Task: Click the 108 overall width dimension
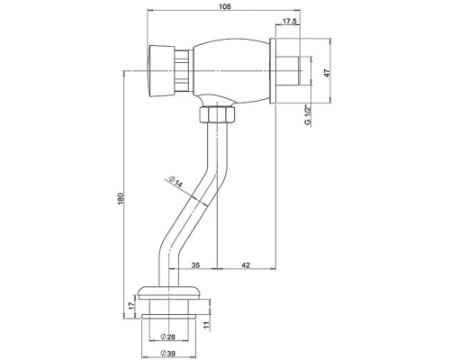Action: tap(225, 6)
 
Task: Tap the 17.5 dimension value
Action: tap(290, 21)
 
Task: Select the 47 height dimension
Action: tap(328, 73)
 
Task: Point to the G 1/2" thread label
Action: tap(307, 115)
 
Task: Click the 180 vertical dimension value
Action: tap(121, 199)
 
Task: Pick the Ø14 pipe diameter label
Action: tap(175, 182)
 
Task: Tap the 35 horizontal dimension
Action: tap(195, 265)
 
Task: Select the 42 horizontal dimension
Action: tap(246, 265)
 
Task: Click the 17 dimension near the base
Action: tap(131, 306)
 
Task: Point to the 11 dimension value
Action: tap(206, 325)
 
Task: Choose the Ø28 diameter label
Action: tap(168, 337)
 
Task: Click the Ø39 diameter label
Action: tap(168, 354)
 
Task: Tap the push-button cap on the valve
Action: tap(161, 71)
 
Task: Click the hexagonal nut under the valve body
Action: tap(217, 115)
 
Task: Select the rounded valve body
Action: tap(231, 71)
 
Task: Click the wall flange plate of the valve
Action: tap(273, 71)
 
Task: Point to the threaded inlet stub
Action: tap(289, 71)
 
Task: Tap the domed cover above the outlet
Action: tap(168, 292)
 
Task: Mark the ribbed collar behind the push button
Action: tap(183, 71)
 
